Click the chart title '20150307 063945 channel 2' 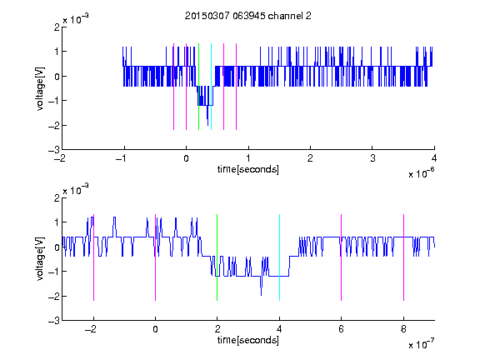click(x=248, y=16)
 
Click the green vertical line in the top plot click(x=198, y=87)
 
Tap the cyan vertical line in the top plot click(x=211, y=87)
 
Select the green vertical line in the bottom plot click(x=217, y=257)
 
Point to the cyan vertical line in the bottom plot click(x=279, y=257)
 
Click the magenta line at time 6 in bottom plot click(x=342, y=257)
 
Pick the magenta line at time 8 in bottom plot click(x=404, y=257)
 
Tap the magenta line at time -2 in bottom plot click(x=93, y=257)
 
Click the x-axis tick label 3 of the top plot click(x=372, y=158)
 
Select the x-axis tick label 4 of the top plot click(x=434, y=158)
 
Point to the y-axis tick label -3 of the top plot click(x=54, y=150)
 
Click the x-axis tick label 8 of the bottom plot click(x=403, y=329)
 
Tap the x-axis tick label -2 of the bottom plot click(x=91, y=329)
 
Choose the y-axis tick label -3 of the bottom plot click(x=54, y=321)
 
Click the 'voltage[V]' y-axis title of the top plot click(x=40, y=88)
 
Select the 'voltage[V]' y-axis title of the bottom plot click(x=40, y=259)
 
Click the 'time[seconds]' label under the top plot click(x=248, y=169)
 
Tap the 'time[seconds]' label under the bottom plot click(x=248, y=340)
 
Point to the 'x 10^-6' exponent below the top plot click(x=422, y=173)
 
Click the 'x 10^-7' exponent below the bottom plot click(x=422, y=344)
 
